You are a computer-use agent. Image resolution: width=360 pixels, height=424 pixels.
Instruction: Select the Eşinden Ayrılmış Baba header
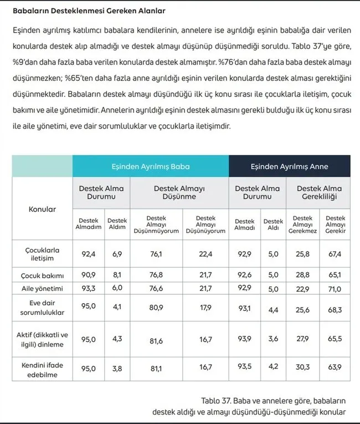[x=150, y=166]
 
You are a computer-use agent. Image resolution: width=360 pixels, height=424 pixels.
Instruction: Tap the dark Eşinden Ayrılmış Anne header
[x=289, y=166]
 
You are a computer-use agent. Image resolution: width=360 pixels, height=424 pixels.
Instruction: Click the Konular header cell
[x=42, y=210]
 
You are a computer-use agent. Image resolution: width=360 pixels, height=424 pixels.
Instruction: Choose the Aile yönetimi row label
[x=42, y=289]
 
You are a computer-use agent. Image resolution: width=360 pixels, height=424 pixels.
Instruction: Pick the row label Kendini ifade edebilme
[x=42, y=370]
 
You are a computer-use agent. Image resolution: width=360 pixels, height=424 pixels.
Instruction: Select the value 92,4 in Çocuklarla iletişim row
[x=89, y=254]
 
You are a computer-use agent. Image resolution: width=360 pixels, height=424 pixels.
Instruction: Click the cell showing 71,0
[x=336, y=289]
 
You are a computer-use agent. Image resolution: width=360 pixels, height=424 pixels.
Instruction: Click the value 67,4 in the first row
[x=336, y=254]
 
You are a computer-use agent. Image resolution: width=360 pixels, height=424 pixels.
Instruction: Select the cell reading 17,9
[x=205, y=308]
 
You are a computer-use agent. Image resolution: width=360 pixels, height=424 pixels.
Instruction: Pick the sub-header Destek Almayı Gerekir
[x=336, y=224]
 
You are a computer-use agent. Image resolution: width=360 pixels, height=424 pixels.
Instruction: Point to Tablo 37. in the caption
[x=215, y=401]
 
